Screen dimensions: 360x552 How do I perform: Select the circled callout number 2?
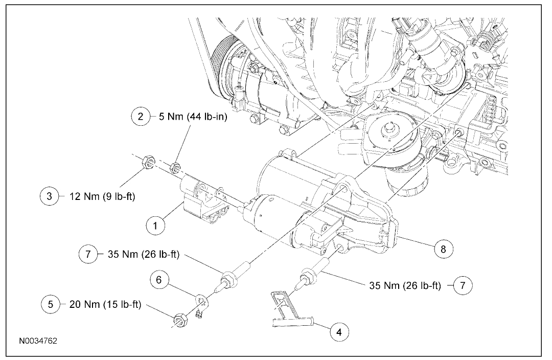pyautogui.click(x=141, y=117)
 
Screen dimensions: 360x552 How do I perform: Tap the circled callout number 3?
pyautogui.click(x=50, y=196)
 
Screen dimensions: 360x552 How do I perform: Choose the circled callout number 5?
pyautogui.click(x=50, y=304)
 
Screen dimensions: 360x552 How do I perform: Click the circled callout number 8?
pyautogui.click(x=443, y=249)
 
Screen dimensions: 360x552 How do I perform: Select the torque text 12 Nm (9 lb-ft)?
pyautogui.click(x=97, y=196)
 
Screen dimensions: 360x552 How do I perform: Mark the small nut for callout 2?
pyautogui.click(x=175, y=166)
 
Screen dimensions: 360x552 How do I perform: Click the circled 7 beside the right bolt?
pyautogui.click(x=463, y=285)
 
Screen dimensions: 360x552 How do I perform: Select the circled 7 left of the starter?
pyautogui.click(x=88, y=254)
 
